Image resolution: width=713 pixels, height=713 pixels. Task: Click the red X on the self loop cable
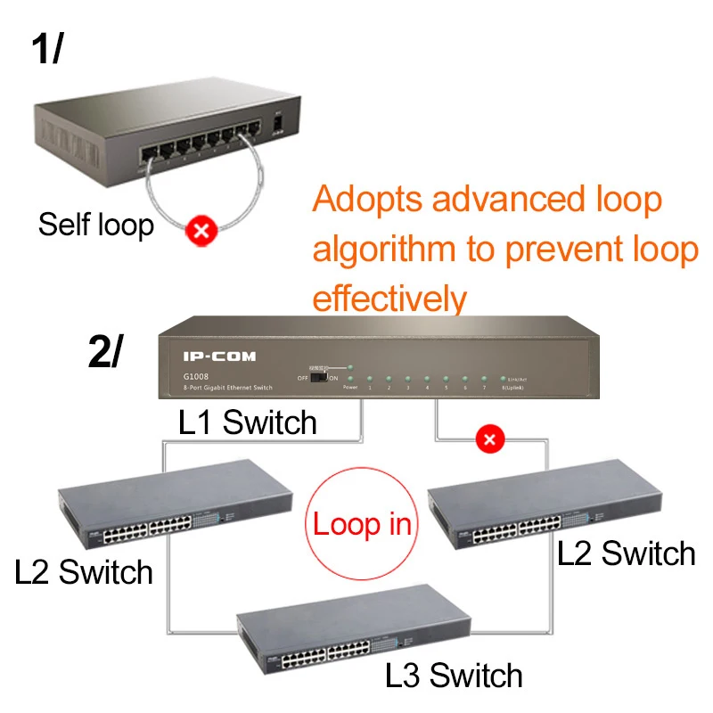203,233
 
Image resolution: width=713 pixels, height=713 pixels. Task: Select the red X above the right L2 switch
488,438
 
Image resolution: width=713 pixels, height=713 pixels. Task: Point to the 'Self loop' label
95,224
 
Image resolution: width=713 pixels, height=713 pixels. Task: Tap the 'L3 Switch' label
454,674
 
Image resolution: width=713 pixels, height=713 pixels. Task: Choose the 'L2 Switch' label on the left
84,570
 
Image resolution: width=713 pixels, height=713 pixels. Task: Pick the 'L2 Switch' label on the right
626,553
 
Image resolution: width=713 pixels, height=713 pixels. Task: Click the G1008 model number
198,376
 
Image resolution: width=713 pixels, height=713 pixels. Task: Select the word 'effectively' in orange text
389,299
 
